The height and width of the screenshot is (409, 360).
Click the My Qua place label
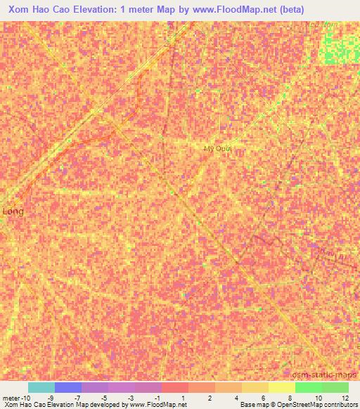217,149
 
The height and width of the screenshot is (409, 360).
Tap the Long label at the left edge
13,211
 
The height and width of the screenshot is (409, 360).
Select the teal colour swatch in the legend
41,387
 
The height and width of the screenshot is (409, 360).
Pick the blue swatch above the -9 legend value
68,387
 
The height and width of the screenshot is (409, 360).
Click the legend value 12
345,398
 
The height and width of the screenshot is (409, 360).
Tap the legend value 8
290,398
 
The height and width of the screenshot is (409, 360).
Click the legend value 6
264,398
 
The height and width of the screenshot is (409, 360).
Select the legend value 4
237,398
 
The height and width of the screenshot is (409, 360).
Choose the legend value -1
156,398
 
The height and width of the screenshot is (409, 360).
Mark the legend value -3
129,398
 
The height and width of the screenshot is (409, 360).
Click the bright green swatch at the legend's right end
335,387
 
